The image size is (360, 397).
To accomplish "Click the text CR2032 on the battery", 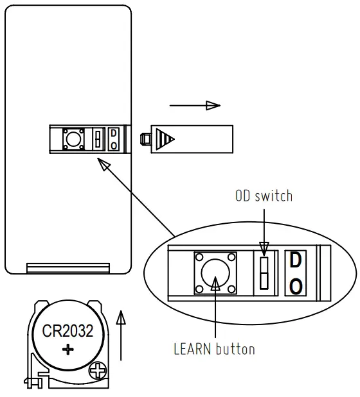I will pyautogui.click(x=67, y=332).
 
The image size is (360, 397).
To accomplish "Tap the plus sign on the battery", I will pyautogui.click(x=68, y=350).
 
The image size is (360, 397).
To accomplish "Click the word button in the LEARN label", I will pyautogui.click(x=235, y=350).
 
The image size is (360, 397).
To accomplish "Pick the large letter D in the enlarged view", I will pyautogui.click(x=295, y=261).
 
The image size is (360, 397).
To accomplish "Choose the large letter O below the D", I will pyautogui.click(x=295, y=286).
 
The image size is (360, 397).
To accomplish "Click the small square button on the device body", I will pyautogui.click(x=71, y=138).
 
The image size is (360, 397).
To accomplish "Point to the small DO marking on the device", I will pyautogui.click(x=114, y=139).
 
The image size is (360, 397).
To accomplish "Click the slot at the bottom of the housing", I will pyautogui.click(x=68, y=267).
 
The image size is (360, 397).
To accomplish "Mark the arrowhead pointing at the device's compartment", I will pyautogui.click(x=103, y=165).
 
